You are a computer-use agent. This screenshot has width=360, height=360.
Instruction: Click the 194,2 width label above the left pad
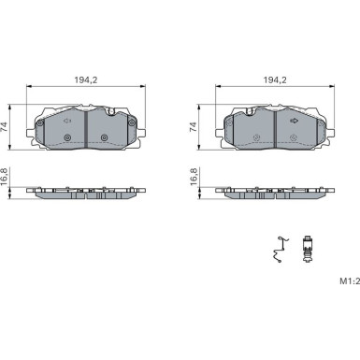86,80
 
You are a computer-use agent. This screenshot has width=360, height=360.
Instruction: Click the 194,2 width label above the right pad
275,80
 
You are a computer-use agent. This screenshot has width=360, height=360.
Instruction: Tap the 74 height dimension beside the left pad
4,127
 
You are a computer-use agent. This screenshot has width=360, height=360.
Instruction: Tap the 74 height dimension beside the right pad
193,127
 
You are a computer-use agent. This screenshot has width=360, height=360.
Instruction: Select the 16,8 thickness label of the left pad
4,177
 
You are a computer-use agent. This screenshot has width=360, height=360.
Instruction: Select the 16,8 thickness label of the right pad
193,177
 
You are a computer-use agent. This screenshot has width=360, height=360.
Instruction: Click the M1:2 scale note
350,281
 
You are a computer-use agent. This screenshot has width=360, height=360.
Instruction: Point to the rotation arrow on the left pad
67,121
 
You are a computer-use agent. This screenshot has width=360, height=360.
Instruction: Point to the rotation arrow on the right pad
294,121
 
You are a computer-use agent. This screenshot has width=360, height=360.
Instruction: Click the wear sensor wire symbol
281,250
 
